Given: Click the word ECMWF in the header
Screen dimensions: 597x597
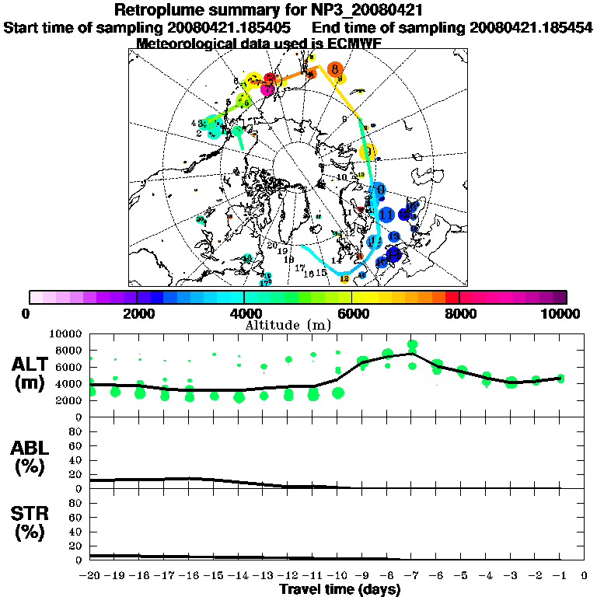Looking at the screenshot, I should (x=354, y=44).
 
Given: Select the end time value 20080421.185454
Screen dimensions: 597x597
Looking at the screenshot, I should (x=530, y=28).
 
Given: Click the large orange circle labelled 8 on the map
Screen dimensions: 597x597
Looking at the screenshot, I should (x=335, y=70).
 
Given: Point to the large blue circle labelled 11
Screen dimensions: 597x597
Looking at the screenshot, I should (x=386, y=214).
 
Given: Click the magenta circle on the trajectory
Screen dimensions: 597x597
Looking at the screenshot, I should (x=268, y=89).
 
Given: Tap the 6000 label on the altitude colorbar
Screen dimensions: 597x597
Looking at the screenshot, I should (x=351, y=313).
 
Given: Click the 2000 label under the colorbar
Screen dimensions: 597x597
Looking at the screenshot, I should (x=137, y=313).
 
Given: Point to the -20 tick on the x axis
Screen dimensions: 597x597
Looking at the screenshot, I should (x=90, y=576).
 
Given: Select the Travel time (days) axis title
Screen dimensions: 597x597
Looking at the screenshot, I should (x=340, y=590).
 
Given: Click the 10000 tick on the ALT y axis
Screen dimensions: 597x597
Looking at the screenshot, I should (x=67, y=333).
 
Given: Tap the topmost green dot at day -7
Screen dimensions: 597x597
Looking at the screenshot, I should (x=412, y=344).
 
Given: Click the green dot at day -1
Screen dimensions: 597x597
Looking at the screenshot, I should (x=560, y=379).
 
